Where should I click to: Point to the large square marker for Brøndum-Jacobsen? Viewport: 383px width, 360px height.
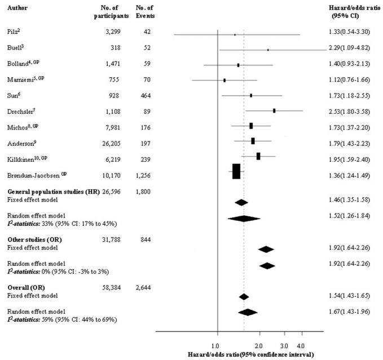(x=236, y=171)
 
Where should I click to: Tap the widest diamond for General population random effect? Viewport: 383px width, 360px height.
(x=244, y=218)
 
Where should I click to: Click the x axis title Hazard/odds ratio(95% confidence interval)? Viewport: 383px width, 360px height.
(x=252, y=354)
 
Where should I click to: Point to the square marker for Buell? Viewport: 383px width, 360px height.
(x=268, y=50)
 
